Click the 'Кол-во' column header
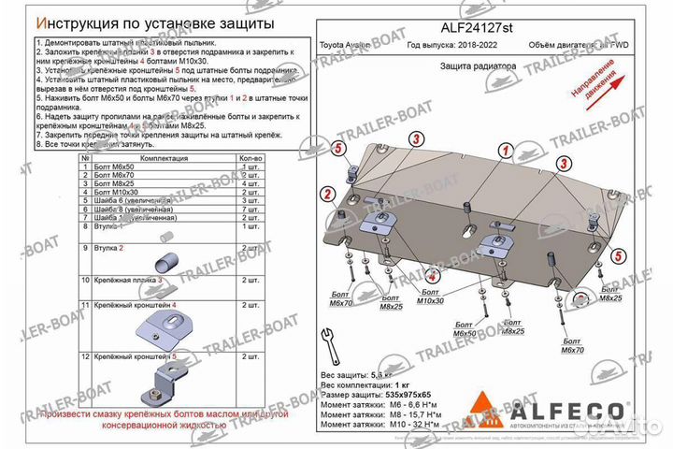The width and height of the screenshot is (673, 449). pos(250,159)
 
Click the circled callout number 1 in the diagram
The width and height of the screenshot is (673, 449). pos(505,151)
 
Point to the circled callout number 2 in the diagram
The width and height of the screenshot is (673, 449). pos(328,194)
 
